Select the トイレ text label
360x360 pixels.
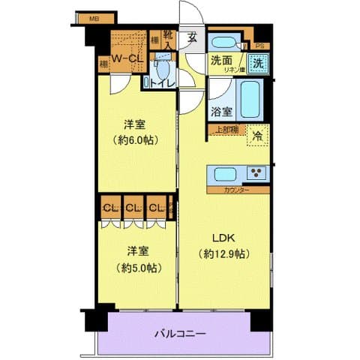click(x=163, y=83)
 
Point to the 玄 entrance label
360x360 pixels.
click(x=192, y=37)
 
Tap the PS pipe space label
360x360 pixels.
click(x=259, y=45)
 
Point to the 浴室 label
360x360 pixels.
click(x=221, y=112)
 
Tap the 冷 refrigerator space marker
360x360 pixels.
click(x=257, y=136)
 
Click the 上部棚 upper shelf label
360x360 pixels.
click(x=226, y=129)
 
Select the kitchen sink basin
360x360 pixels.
click(x=226, y=174)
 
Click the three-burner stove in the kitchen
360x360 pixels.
click(x=256, y=173)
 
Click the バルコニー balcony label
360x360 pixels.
click(x=180, y=332)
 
